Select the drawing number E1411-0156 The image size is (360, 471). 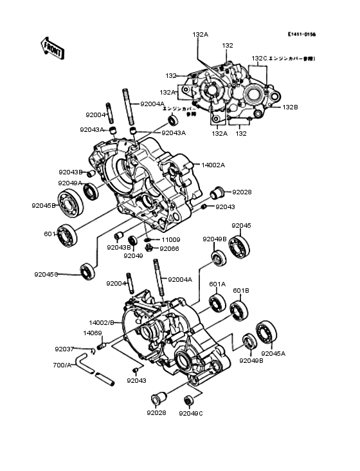pyautogui.click(x=301, y=34)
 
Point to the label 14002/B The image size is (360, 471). pyautogui.click(x=102, y=322)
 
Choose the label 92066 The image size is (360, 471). pyautogui.click(x=170, y=248)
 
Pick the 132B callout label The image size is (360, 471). pyautogui.click(x=290, y=107)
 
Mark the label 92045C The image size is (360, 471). pyautogui.click(x=46, y=274)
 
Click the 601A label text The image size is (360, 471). pyautogui.click(x=217, y=284)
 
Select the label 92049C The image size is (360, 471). pyautogui.click(x=191, y=413)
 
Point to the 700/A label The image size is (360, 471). pyautogui.click(x=62, y=365)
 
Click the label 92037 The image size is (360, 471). pyautogui.click(x=64, y=349)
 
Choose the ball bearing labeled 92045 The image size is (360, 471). pyautogui.click(x=241, y=246)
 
